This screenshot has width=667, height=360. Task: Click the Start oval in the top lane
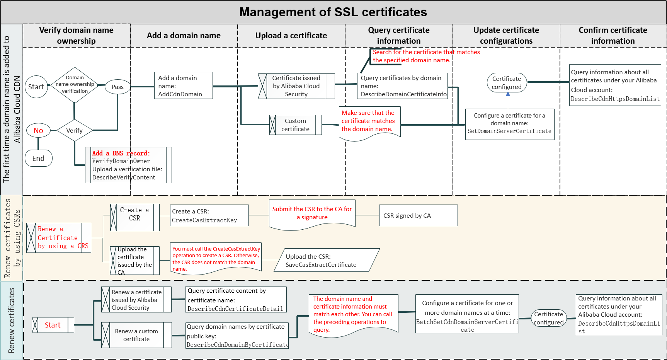pyautogui.click(x=36, y=87)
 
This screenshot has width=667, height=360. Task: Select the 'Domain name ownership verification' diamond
pyautogui.click(x=75, y=85)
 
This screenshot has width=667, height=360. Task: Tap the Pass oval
pyautogui.click(x=117, y=87)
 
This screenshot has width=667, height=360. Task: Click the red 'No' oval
pyautogui.click(x=38, y=131)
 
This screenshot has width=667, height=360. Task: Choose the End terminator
pyautogui.click(x=38, y=159)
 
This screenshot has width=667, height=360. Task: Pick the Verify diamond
pyautogui.click(x=74, y=131)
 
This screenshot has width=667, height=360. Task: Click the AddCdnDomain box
pyautogui.click(x=183, y=86)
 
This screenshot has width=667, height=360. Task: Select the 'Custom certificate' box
pyautogui.click(x=296, y=125)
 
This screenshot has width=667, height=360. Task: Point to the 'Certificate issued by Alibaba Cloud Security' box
pyautogui.click(x=296, y=86)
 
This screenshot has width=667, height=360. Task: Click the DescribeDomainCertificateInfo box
pyautogui.click(x=402, y=86)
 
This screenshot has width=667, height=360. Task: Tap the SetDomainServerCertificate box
pyautogui.click(x=509, y=124)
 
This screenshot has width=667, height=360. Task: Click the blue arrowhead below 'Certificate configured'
pyautogui.click(x=508, y=94)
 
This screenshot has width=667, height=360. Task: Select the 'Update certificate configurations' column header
pyautogui.click(x=506, y=36)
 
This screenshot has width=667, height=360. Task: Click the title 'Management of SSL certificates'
pyautogui.click(x=333, y=12)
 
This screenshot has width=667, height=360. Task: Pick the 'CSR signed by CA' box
pyautogui.click(x=418, y=216)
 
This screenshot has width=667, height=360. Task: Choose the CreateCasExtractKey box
pyautogui.click(x=209, y=216)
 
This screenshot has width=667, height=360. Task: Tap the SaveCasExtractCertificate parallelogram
pyautogui.click(x=327, y=260)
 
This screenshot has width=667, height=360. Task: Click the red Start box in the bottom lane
pyautogui.click(x=53, y=325)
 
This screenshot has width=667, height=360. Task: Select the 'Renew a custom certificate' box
pyautogui.click(x=136, y=335)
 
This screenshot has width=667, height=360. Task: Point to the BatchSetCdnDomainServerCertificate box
pyautogui.click(x=467, y=314)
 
